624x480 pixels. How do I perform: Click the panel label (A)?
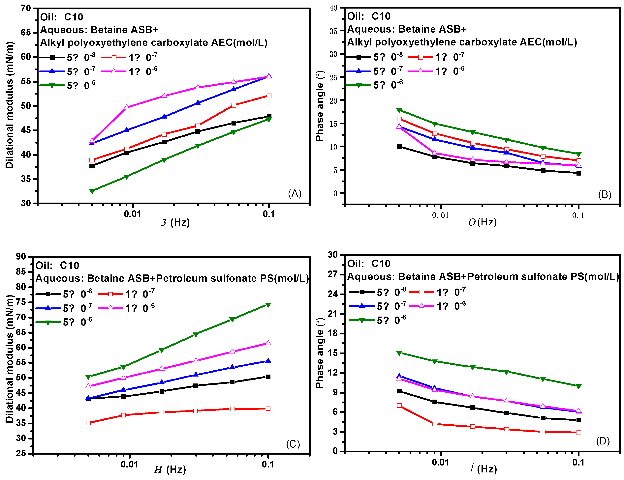[x=295, y=194]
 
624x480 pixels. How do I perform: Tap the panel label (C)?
[x=293, y=444]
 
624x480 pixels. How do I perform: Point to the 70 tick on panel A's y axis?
[x=26, y=8]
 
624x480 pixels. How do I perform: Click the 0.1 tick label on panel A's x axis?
[x=268, y=214]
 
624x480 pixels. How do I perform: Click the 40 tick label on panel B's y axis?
[x=333, y=8]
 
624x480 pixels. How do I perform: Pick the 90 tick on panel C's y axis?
[x=21, y=256]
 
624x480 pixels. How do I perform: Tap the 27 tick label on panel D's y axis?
[x=333, y=274]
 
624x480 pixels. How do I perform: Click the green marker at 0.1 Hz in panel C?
[x=268, y=305]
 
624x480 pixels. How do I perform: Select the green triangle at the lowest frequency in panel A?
[x=92, y=191]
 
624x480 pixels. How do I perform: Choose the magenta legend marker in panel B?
[x=421, y=71]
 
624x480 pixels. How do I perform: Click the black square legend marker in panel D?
[x=362, y=292]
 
